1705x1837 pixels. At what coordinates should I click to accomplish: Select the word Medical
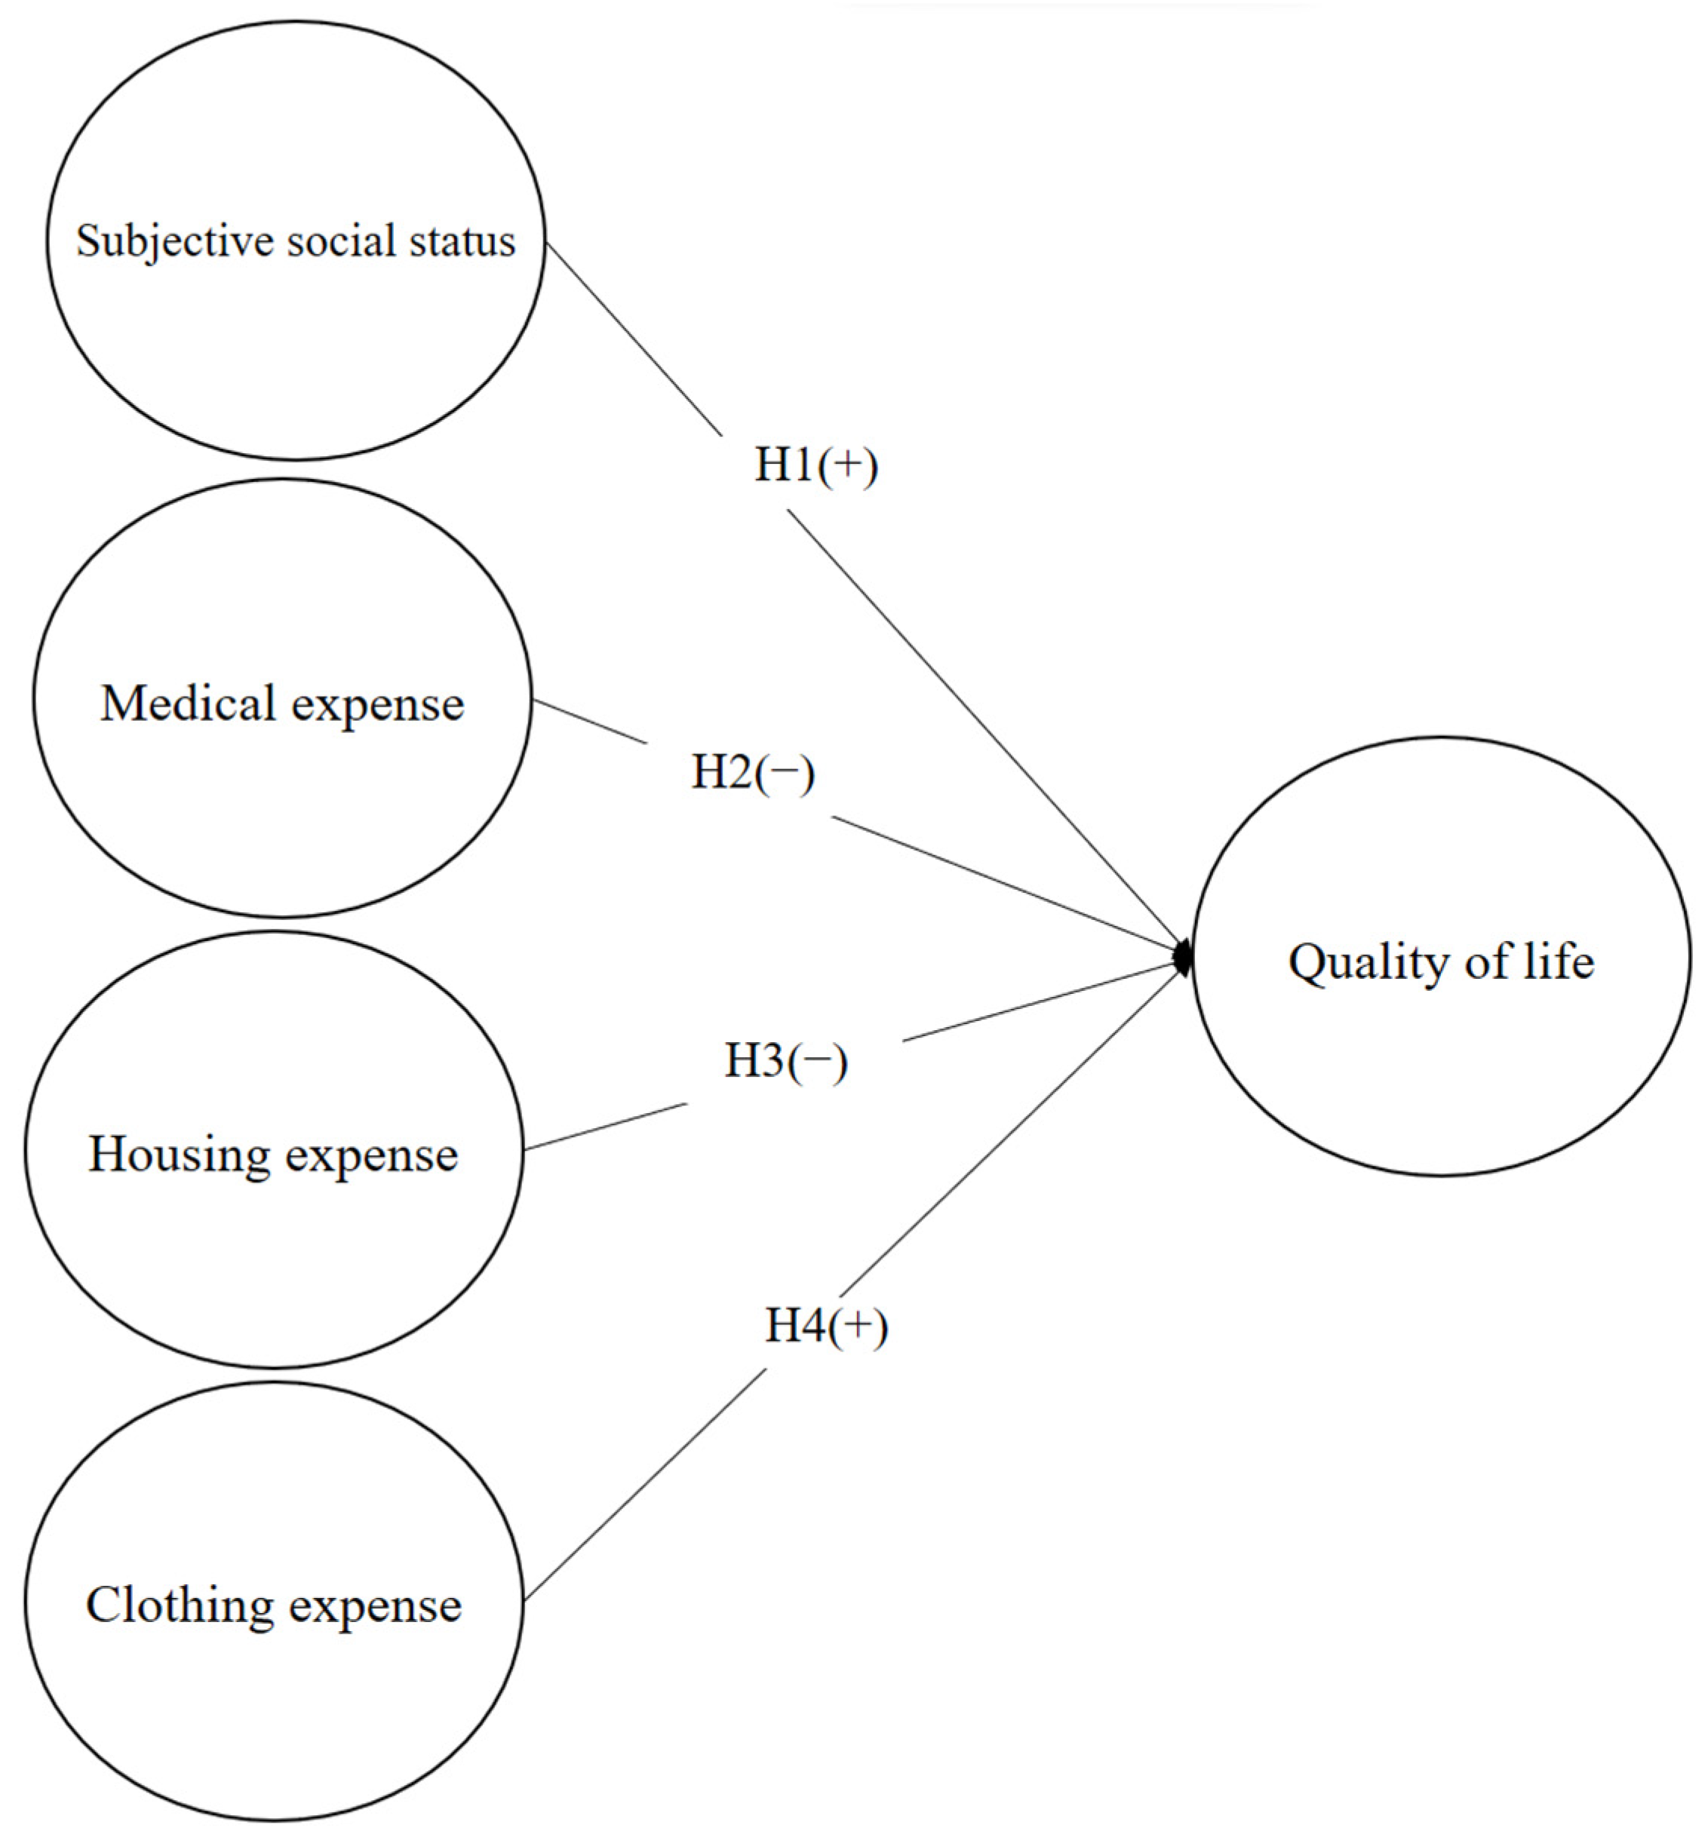(188, 704)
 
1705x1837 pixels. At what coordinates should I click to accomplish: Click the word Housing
(178, 1155)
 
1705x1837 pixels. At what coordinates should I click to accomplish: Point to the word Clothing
(178, 1605)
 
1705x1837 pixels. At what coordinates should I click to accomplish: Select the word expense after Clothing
(375, 1606)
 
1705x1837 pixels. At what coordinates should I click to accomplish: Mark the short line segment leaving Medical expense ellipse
(591, 721)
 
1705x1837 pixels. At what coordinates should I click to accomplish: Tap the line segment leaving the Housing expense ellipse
(604, 1127)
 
